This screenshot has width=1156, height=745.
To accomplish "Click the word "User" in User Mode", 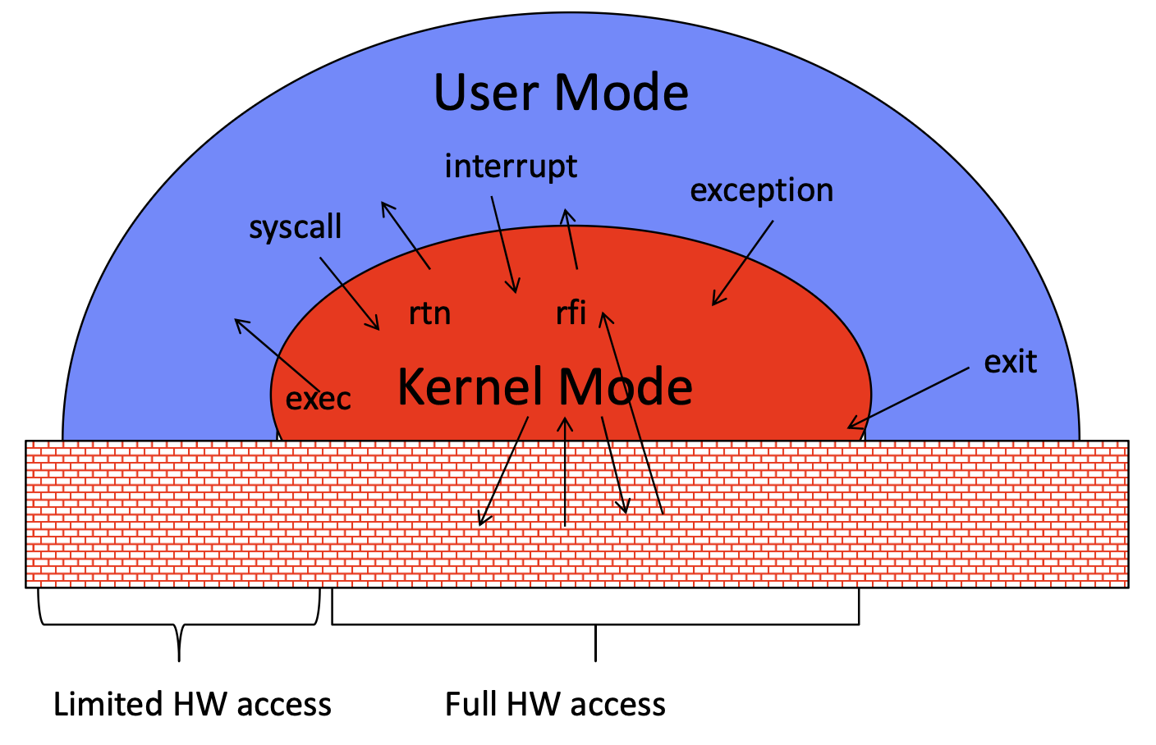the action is pyautogui.click(x=487, y=92).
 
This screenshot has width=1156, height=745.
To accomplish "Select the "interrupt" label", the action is pyautogui.click(x=511, y=167).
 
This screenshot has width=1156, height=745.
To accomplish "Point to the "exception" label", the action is pyautogui.click(x=762, y=190).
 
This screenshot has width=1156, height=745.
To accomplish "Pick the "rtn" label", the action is pyautogui.click(x=429, y=313).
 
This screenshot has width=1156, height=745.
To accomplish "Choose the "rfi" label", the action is pyautogui.click(x=571, y=313).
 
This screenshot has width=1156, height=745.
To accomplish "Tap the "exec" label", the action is pyautogui.click(x=319, y=399).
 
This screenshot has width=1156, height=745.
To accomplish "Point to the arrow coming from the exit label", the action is pyautogui.click(x=908, y=398).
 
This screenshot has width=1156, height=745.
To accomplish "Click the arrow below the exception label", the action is pyautogui.click(x=743, y=263).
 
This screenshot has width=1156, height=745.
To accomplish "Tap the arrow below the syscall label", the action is pyautogui.click(x=350, y=294).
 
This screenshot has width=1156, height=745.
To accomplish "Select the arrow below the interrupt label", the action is pyautogui.click(x=504, y=245).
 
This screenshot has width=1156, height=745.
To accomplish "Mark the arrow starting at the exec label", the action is pyautogui.click(x=278, y=354).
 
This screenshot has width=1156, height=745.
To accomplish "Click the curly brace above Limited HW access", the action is pyautogui.click(x=179, y=624).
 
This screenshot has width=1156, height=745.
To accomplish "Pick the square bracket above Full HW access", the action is pyautogui.click(x=595, y=624).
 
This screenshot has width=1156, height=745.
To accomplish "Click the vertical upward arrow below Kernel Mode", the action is pyautogui.click(x=565, y=472).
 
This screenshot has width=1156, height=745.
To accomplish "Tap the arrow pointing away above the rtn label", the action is pyautogui.click(x=406, y=235).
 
